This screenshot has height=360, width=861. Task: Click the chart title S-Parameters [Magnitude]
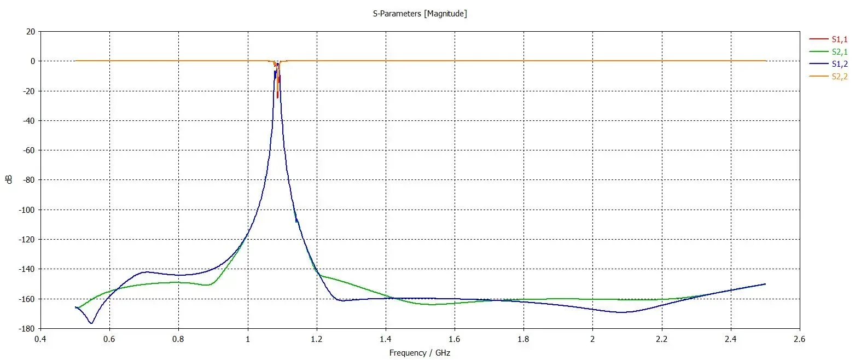[420, 14]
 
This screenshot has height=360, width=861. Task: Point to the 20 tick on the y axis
[30, 32]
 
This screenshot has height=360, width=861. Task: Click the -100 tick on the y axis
[27, 210]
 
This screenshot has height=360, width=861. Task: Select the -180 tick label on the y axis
[27, 329]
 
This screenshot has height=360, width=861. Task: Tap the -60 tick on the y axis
[28, 150]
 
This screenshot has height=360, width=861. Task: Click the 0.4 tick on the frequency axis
[40, 339]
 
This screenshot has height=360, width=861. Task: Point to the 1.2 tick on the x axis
[317, 339]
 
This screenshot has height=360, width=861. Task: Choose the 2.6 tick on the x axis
[800, 339]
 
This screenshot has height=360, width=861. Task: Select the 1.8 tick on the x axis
[523, 339]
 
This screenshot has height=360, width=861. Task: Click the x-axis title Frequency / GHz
[420, 353]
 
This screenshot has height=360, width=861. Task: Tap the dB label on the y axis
[9, 179]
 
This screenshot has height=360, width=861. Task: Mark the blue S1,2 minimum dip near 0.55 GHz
[91, 323]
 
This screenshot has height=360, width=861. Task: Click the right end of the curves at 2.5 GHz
[765, 284]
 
